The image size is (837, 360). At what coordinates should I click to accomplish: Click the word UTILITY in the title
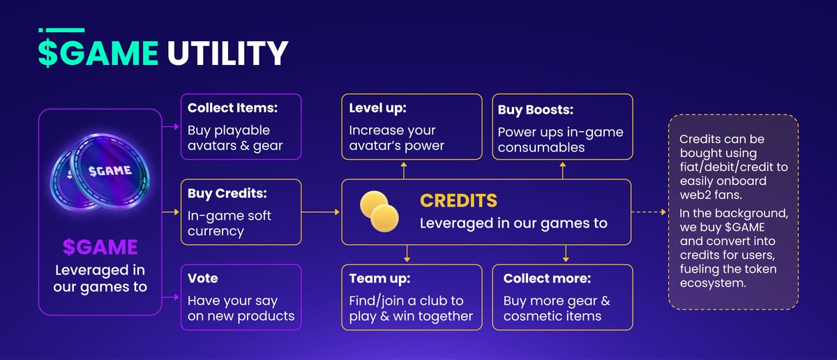[227, 53]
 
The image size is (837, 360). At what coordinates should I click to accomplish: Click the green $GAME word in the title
[98, 53]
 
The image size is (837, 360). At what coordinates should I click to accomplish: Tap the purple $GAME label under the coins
[100, 247]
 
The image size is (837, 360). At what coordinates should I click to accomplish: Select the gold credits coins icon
[379, 211]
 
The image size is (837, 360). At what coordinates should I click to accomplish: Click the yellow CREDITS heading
[458, 201]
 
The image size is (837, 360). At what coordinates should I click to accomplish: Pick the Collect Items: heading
[232, 108]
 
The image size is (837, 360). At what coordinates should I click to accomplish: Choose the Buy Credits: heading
[227, 193]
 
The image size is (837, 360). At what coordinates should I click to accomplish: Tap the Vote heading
[202, 278]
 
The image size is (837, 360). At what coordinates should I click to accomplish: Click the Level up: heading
[377, 108]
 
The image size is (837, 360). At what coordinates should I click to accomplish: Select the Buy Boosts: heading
[536, 110]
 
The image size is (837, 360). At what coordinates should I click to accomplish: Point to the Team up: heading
[379, 278]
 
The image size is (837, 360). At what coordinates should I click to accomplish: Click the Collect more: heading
[547, 278]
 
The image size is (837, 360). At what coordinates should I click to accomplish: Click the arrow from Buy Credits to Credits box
[320, 212]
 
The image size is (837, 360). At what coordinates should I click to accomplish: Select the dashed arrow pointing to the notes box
[649, 212]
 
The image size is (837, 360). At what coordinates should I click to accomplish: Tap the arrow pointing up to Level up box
[404, 170]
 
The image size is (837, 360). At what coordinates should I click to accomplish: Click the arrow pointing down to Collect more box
[566, 253]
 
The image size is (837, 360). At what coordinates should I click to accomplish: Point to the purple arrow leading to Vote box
[170, 297]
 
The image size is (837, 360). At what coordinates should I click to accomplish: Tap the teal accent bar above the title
[61, 30]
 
